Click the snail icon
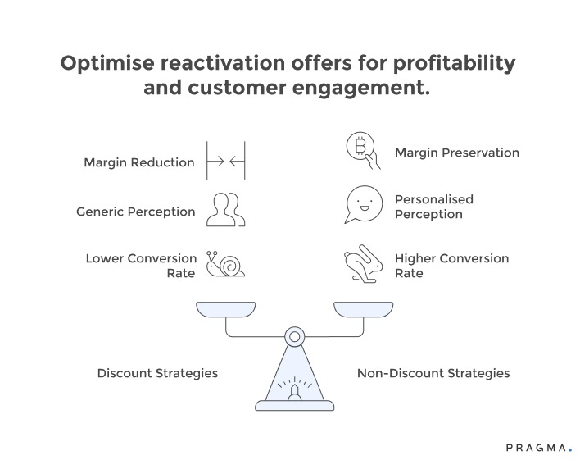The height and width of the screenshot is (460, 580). [x=225, y=264]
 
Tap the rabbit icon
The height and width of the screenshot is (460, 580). [x=361, y=265]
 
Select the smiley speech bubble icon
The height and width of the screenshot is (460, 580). [x=361, y=206]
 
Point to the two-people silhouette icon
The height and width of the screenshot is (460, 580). [x=224, y=210]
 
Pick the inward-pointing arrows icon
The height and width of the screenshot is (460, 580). [x=225, y=162]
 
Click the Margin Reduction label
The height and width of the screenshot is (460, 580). [x=139, y=162]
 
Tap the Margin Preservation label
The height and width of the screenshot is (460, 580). [x=456, y=153]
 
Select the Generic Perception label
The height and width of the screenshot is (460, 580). [x=136, y=212]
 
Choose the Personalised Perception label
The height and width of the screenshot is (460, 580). [x=434, y=207]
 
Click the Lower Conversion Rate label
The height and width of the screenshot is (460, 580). [x=141, y=266]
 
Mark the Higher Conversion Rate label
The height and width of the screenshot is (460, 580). [x=451, y=266]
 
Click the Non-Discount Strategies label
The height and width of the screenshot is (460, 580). [x=433, y=373]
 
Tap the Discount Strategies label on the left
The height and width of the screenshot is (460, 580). [x=157, y=373]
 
